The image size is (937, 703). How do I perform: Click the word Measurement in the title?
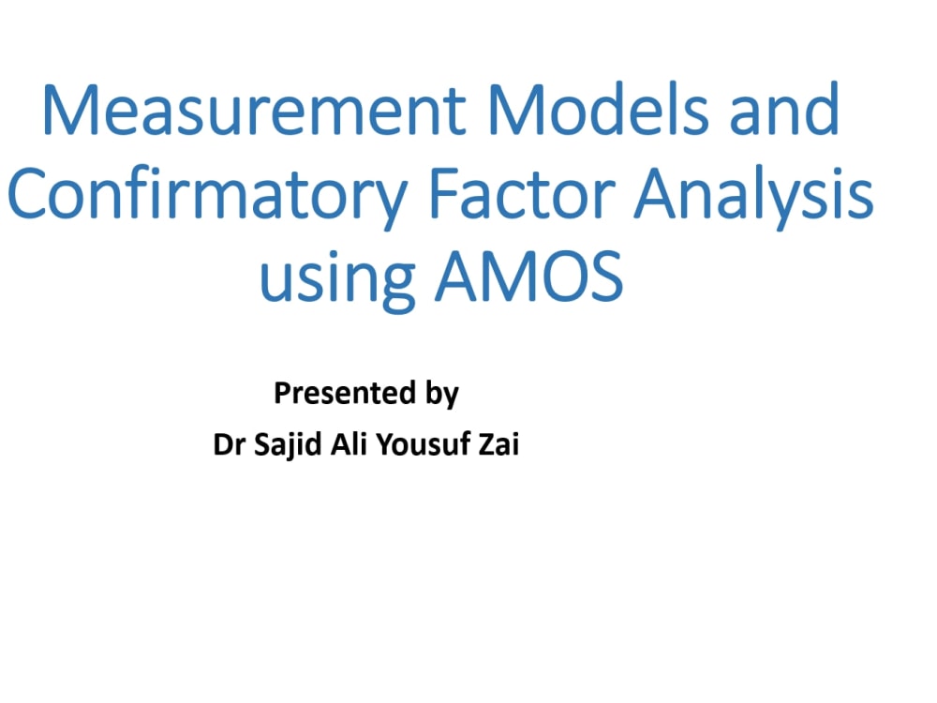coord(254,110)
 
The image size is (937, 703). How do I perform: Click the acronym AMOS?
coord(530,276)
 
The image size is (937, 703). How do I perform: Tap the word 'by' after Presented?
coord(440,395)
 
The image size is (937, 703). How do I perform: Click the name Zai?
coord(496,444)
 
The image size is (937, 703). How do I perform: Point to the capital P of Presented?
coord(281,393)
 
